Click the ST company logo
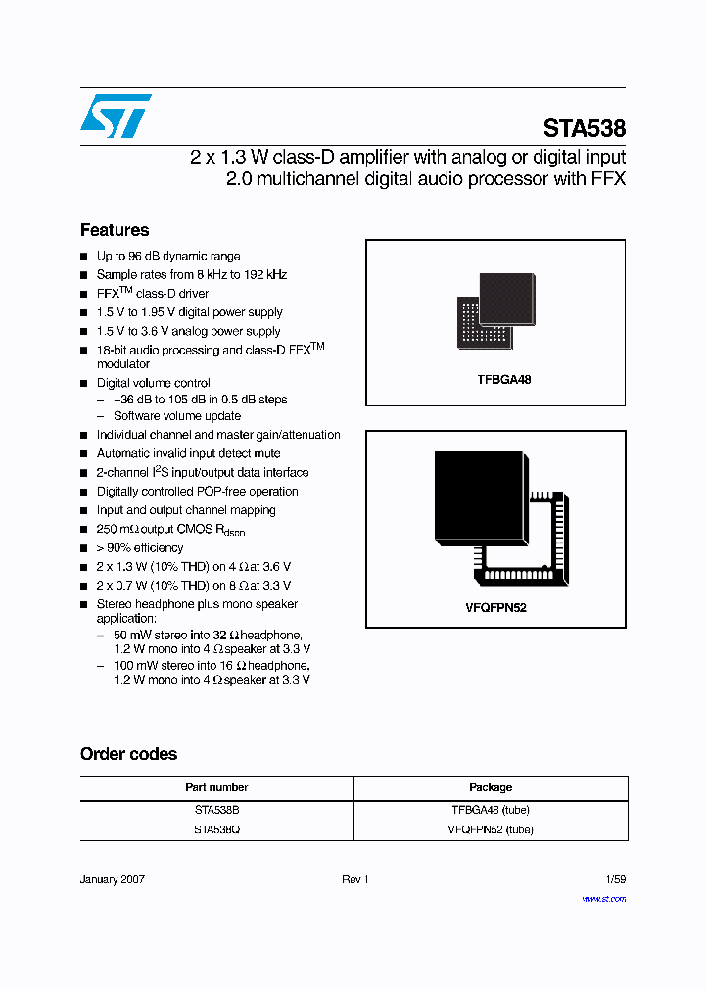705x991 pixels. [x=116, y=116]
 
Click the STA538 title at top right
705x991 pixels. [x=585, y=128]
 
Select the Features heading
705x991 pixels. [x=115, y=230]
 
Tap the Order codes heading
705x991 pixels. [x=128, y=754]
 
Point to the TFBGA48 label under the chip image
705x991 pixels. [x=497, y=379]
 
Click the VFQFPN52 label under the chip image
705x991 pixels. [x=495, y=607]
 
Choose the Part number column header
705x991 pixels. [x=216, y=787]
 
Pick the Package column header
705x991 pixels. [x=491, y=787]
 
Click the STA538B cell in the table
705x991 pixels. [x=216, y=810]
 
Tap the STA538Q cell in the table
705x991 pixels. [x=216, y=829]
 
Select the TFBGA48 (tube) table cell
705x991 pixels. [x=491, y=810]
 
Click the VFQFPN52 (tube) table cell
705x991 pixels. [x=491, y=829]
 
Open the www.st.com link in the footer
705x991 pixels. [x=603, y=898]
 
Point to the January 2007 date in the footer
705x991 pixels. [x=113, y=880]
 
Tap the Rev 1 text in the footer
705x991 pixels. [x=354, y=880]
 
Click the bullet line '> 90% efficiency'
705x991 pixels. [x=140, y=548]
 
